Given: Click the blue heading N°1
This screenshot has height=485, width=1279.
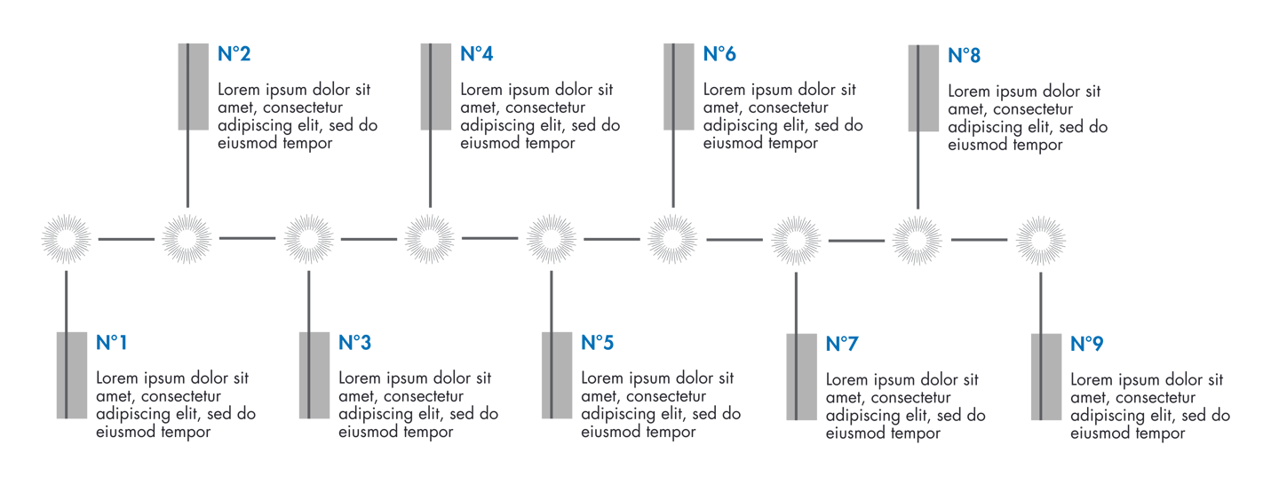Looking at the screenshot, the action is click(x=112, y=343).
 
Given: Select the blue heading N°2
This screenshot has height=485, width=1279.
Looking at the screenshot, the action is click(x=234, y=55).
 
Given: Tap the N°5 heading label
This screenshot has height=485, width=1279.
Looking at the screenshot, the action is click(x=597, y=343).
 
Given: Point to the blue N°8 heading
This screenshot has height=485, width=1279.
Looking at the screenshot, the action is click(x=964, y=56).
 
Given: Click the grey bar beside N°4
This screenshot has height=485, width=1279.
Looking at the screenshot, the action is click(x=436, y=85).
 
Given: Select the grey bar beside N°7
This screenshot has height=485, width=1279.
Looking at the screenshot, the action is click(x=802, y=377).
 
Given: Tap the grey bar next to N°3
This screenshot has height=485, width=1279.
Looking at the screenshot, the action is click(x=314, y=374).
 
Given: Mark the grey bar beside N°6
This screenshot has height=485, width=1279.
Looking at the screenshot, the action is click(x=679, y=85).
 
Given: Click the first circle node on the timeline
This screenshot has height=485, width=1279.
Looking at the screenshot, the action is click(x=67, y=239).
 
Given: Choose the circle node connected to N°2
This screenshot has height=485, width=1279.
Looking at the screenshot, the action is click(x=187, y=239).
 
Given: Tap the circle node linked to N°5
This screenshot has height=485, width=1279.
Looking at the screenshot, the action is click(x=552, y=240).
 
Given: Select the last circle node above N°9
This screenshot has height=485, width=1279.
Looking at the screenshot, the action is click(x=1040, y=240).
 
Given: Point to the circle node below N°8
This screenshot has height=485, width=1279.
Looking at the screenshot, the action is click(x=918, y=240).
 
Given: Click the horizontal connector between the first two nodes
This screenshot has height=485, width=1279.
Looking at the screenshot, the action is click(x=127, y=239).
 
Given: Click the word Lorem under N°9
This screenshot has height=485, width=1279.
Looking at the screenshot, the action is click(x=1092, y=380).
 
